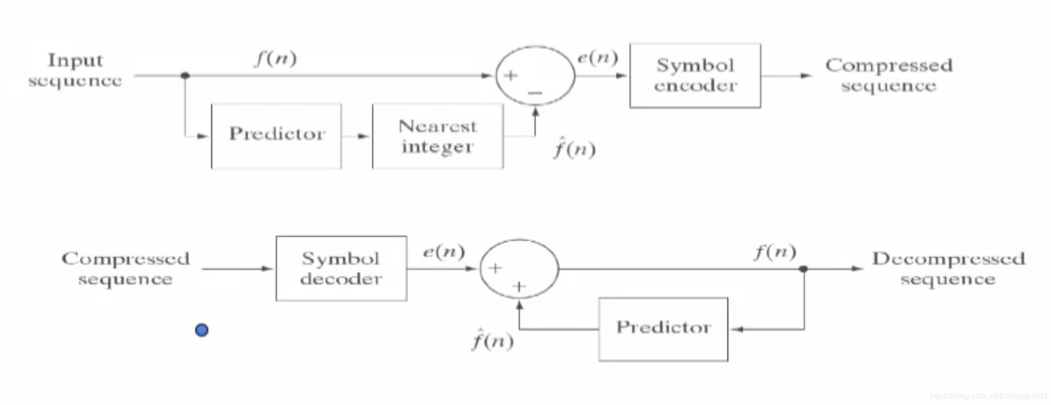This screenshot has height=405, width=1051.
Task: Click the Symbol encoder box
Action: coord(695,75)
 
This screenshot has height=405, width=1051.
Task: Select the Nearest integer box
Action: coord(437,136)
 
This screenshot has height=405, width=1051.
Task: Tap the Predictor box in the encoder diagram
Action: coord(276,136)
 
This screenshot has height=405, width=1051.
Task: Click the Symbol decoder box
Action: coord(341,269)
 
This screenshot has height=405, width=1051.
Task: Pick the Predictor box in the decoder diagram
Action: coord(663,329)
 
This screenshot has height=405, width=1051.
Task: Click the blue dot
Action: coord(202,330)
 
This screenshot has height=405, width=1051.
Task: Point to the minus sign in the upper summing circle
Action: coord(535,93)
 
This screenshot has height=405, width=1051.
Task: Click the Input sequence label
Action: coord(75,70)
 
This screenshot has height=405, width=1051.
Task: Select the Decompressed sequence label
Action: coord(948,269)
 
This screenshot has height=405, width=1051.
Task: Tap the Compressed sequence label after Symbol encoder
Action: coord(889,75)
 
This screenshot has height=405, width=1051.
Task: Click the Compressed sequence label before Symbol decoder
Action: coord(125,269)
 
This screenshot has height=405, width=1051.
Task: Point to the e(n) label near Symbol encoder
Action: coord(597,58)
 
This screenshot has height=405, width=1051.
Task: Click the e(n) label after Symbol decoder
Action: coord(444,251)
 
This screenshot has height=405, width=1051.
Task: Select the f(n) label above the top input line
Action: coord(276,59)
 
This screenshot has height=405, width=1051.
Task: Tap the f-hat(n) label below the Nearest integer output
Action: coord(574,149)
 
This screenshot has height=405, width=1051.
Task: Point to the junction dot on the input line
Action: coord(185,75)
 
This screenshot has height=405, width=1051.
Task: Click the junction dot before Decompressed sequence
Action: coord(804,269)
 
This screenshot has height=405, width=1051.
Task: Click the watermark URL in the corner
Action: coord(988,396)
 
